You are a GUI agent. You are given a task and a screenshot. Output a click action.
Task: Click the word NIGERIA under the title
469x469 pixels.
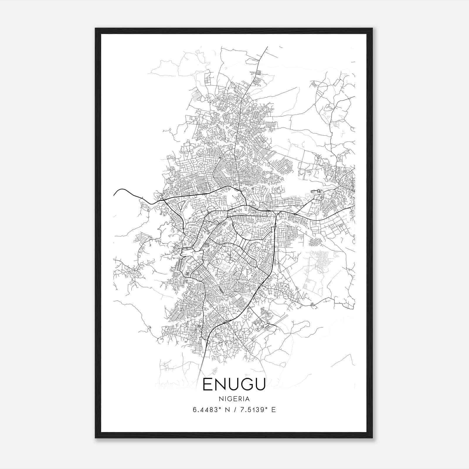[x=234, y=399]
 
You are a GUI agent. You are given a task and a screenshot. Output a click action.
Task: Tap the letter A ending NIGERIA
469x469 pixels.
[x=248, y=399]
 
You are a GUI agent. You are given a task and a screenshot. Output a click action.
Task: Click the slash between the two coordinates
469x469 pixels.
[x=235, y=410]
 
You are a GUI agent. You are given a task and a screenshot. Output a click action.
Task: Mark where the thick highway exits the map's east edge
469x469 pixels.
[x=354, y=207]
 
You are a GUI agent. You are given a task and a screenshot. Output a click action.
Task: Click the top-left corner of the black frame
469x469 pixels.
[x=96, y=29]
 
